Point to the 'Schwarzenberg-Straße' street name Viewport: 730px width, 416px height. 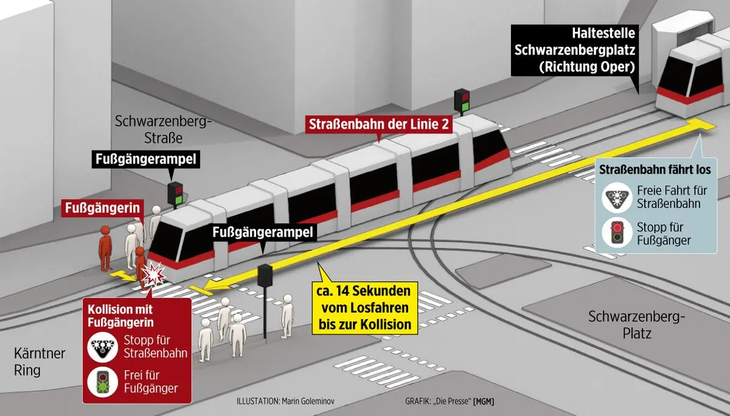point(162,130)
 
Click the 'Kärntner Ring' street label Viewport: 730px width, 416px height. point(40,362)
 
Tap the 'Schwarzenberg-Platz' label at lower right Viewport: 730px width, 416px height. point(636,325)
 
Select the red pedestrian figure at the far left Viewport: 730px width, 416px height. point(106,246)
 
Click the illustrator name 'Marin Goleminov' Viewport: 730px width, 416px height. point(313,402)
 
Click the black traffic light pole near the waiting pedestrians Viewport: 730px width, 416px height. point(265,305)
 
